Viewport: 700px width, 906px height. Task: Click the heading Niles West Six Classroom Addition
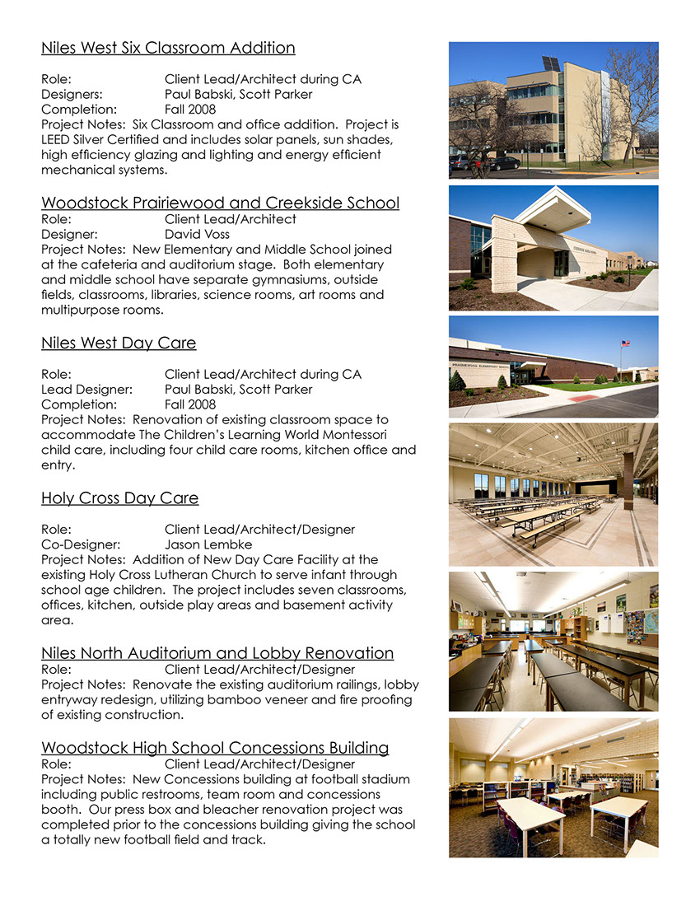[168, 48]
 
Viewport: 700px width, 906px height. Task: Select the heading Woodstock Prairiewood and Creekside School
[220, 203]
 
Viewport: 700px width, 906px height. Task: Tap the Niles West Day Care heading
[119, 343]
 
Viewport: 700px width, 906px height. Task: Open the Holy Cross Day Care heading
[119, 498]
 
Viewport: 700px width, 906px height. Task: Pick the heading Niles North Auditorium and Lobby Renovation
[217, 653]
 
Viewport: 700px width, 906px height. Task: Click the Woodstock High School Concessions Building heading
[215, 748]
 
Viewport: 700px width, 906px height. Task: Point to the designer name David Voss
[197, 234]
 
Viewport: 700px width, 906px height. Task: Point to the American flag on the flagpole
[624, 343]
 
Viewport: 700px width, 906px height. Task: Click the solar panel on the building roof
[550, 63]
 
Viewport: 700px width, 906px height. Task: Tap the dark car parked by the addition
[503, 163]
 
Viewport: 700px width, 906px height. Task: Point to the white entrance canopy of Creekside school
[561, 208]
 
